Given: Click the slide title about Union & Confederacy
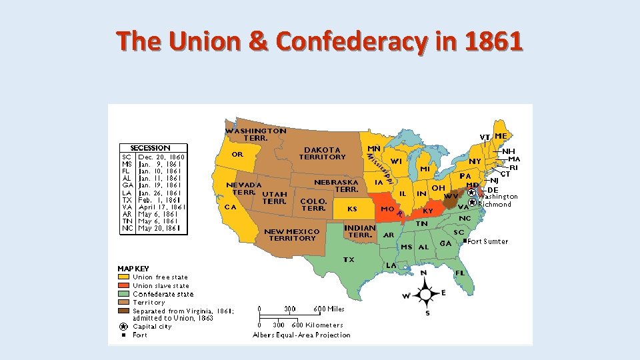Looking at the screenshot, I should point(320,41).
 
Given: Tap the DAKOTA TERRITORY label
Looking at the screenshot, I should point(322,153).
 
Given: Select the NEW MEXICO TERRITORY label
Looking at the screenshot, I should point(291,235).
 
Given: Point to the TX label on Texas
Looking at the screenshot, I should point(349,259).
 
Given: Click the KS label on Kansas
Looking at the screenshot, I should point(352,209).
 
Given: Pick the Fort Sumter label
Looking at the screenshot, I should point(487,241).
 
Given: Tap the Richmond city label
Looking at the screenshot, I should point(495,205).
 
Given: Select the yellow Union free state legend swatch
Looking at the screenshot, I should point(124,277).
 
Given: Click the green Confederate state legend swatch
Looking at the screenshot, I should point(124,294).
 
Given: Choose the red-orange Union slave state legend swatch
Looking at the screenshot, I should point(124,285).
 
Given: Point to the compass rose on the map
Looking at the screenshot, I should point(424,294).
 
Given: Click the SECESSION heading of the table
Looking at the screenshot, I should point(150,148).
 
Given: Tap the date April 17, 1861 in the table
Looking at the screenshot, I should point(161,207).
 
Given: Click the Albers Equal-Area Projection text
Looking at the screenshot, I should point(301,335).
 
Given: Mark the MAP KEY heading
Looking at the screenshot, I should point(133,269).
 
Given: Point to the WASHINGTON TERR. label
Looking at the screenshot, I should point(255,134).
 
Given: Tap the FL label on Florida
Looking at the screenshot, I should point(460,273).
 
